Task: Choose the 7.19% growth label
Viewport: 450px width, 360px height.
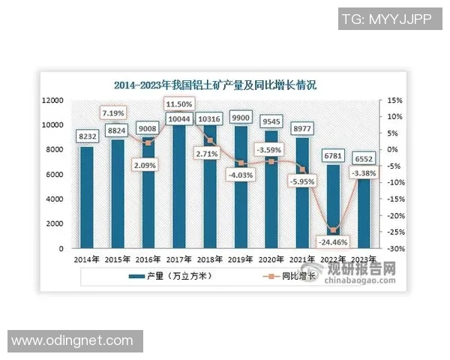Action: point(117,112)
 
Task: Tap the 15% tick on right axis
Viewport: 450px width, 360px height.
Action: point(395,100)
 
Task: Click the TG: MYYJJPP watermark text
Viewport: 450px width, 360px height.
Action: point(386,18)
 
